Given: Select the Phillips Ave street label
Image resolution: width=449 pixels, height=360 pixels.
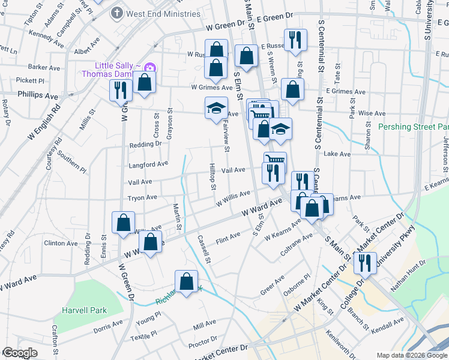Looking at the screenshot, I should pos(38,95).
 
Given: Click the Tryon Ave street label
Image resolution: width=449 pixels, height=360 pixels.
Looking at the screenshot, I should pos(142,197).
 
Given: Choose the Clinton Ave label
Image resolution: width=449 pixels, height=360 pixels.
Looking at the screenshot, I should pos(61,244).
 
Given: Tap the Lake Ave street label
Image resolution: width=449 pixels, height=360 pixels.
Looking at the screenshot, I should pos(337,154).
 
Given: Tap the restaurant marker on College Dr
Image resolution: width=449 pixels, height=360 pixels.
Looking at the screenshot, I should pos(365,262).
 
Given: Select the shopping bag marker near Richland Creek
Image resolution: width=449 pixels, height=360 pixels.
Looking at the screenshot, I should pos(187,281).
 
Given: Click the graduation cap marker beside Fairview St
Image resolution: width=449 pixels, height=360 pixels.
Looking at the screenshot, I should pos(216,108).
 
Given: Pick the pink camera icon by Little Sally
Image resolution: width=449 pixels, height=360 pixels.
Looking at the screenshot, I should pos(149,67).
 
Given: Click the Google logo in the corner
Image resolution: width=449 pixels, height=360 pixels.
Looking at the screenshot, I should pos(20,353).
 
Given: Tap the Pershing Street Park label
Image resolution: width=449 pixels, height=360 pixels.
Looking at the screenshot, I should pos(414,127).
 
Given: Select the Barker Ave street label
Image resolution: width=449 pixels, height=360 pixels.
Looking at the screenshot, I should pos(46,67).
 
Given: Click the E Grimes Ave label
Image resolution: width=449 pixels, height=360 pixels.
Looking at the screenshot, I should pos(346,92).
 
